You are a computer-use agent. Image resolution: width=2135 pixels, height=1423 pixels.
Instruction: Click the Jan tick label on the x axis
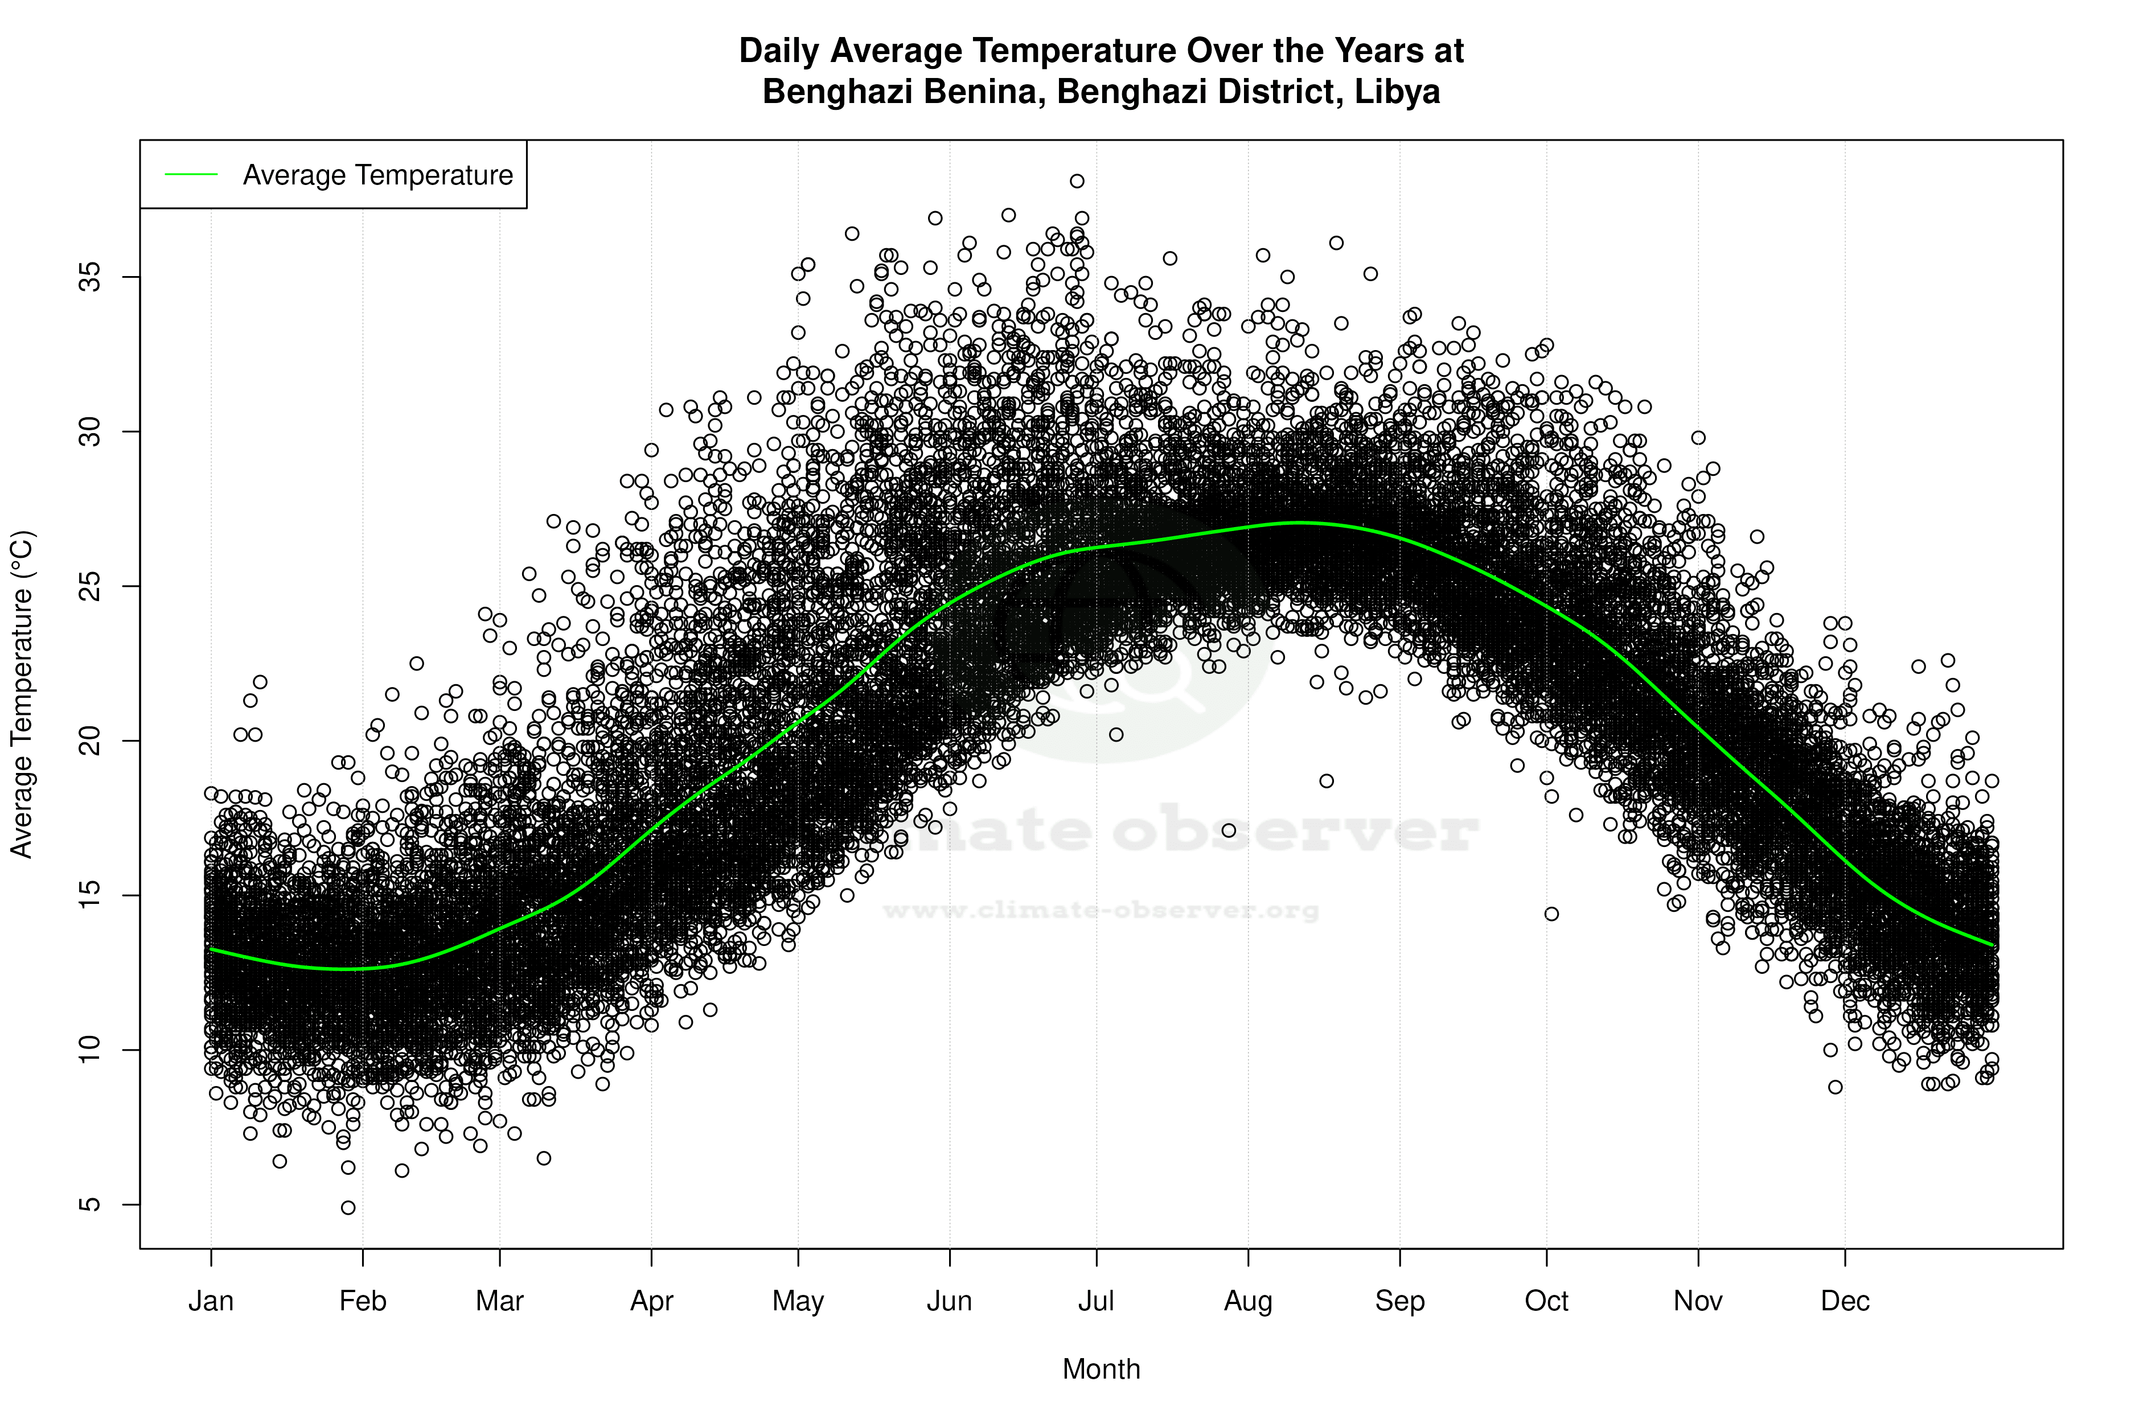211,1301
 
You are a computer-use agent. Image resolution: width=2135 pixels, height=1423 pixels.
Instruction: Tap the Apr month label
652,1301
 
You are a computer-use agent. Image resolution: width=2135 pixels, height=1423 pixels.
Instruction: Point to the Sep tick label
1400,1301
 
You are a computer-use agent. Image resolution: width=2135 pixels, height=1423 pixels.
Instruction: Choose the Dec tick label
1845,1301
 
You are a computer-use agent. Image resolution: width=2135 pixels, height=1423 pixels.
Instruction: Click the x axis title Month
1101,1369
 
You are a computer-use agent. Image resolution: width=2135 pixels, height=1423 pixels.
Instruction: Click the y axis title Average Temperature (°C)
22,694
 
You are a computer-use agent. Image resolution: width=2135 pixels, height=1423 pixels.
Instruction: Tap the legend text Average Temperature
377,175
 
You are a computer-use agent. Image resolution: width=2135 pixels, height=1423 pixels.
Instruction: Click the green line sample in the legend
191,174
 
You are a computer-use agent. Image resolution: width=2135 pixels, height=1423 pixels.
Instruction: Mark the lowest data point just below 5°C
348,1208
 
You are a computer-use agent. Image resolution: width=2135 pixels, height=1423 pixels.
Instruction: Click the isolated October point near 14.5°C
1551,914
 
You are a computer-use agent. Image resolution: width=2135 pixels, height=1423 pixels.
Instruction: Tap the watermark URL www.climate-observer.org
1101,910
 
